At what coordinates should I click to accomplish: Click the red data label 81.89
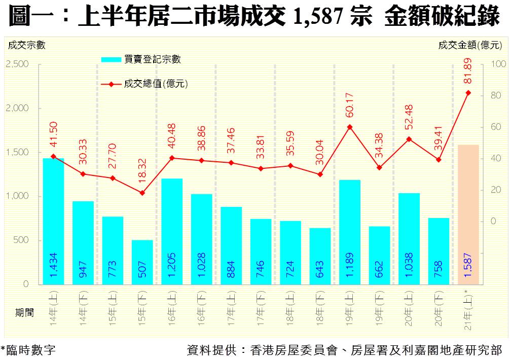tap(468, 71)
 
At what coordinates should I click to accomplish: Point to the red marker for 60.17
tap(350, 127)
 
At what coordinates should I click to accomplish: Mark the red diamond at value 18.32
tap(142, 193)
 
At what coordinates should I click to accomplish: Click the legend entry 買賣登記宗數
tap(152, 59)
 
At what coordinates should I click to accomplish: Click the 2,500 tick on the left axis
tap(17, 64)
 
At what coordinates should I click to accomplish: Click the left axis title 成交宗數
tap(26, 45)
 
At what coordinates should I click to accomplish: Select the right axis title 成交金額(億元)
tap(470, 45)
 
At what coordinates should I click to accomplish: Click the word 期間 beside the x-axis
tap(24, 313)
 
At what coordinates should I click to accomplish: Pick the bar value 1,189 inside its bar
tap(350, 264)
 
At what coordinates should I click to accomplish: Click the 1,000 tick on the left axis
tap(17, 196)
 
